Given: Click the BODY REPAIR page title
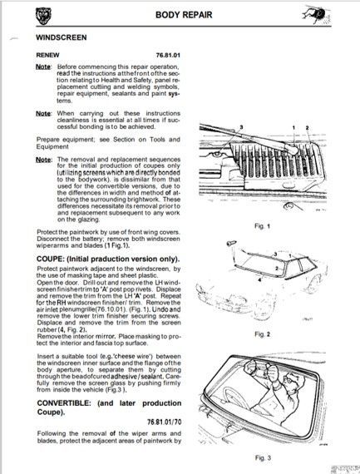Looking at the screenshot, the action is click(x=184, y=15).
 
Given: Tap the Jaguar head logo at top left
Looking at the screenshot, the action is click(x=43, y=16).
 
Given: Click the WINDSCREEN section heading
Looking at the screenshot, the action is click(x=62, y=37).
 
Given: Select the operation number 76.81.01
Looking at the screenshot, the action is click(x=168, y=56).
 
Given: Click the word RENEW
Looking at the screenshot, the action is click(x=47, y=56).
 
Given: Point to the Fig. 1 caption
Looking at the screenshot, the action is click(x=263, y=226).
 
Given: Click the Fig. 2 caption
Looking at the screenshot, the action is click(x=263, y=334).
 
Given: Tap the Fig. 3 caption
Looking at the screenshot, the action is click(x=263, y=457).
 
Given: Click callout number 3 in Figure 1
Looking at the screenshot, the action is click(x=241, y=127).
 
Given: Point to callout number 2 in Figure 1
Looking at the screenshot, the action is click(x=307, y=128).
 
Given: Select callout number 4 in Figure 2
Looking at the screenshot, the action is click(x=260, y=280).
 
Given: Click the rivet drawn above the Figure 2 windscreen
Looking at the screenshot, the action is click(x=231, y=243).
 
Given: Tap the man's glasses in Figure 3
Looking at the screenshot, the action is click(x=289, y=379).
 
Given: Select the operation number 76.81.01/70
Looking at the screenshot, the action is click(x=164, y=422).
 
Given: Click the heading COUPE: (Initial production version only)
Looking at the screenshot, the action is click(x=108, y=259).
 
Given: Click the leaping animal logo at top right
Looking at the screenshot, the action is click(x=317, y=14).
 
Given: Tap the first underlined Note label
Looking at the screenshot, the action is click(x=43, y=67).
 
